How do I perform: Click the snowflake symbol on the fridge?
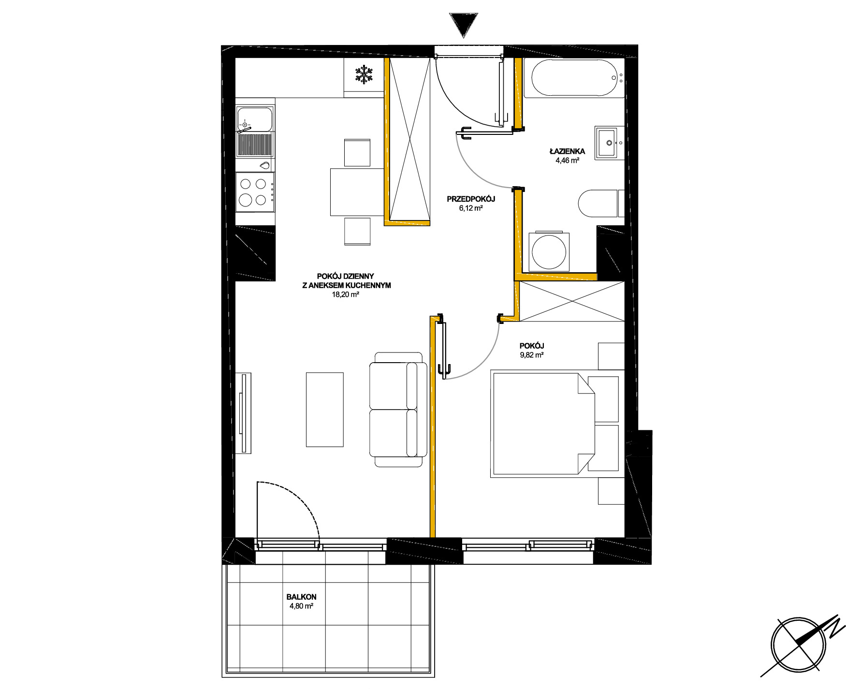coord(364,75)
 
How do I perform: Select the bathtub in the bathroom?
coord(574,78)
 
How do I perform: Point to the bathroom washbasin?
coord(608,143)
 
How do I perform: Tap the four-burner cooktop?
coord(255,191)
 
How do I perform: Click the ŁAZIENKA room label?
coord(567,151)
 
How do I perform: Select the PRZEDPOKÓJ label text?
coord(471,199)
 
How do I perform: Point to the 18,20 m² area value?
coord(345,294)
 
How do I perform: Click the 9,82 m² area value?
coord(532,355)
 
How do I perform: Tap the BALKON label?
coord(301,597)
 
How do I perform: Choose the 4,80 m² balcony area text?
coord(301,606)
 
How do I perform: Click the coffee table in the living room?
coord(324,410)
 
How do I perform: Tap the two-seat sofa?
coord(398,410)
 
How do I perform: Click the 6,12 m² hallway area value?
coord(471,208)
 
